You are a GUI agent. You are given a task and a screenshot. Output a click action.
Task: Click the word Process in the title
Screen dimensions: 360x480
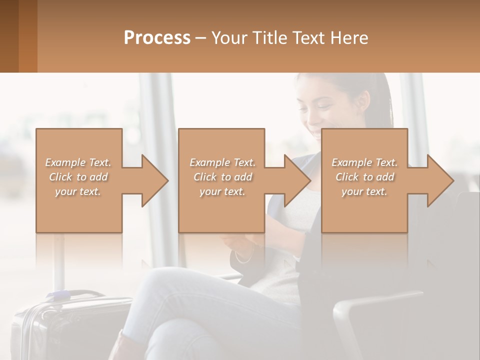[157, 38]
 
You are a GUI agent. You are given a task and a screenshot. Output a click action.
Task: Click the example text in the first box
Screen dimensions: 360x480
[78, 177]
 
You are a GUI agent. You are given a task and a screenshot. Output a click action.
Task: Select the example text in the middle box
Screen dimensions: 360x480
[222, 177]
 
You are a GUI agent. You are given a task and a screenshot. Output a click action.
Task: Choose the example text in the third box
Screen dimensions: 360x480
[364, 177]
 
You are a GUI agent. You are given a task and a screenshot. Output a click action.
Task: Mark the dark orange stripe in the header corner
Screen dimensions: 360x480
[27, 36]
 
